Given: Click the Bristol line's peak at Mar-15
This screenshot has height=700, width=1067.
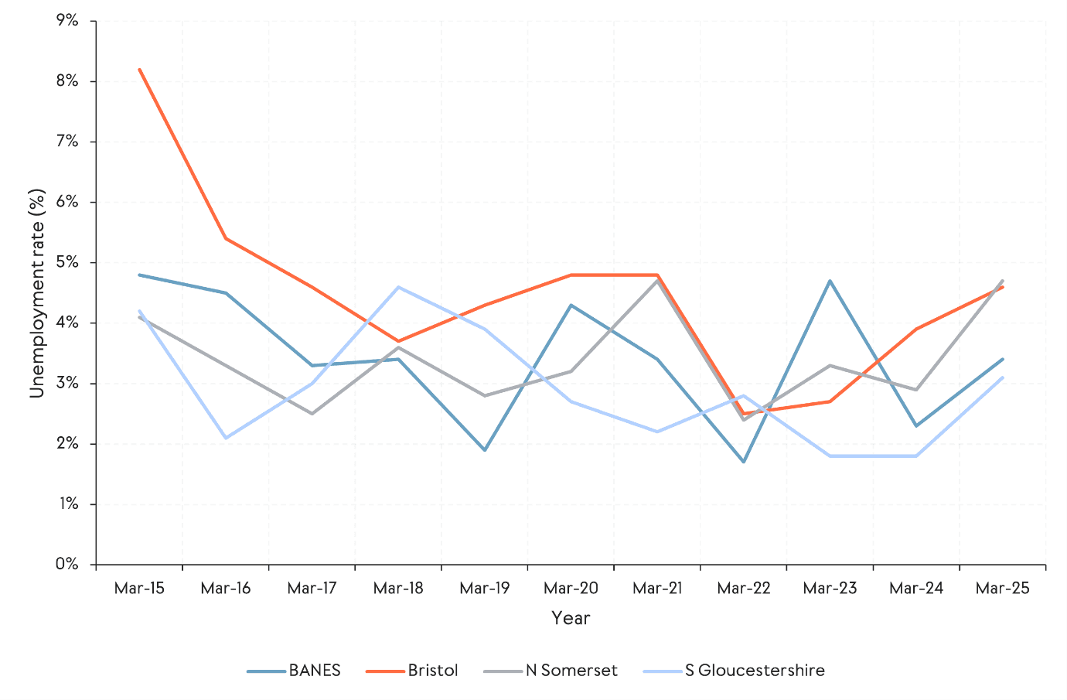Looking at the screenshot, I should click(x=140, y=70).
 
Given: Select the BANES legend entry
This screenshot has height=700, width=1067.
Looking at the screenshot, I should click(x=295, y=671).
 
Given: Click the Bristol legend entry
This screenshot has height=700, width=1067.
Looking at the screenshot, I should click(x=412, y=671).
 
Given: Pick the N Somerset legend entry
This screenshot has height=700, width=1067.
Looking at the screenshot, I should click(x=551, y=671).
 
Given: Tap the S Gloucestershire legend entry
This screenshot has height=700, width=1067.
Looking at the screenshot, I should click(x=735, y=671).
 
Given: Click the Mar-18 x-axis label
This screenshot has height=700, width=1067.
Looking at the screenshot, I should click(x=398, y=589).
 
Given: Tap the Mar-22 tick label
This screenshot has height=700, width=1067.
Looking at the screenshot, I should click(x=744, y=589).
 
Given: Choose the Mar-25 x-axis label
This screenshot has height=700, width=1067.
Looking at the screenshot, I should click(x=1003, y=589).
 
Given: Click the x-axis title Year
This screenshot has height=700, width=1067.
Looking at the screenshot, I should click(x=571, y=618).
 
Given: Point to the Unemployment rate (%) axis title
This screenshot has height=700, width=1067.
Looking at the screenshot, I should click(x=37, y=293).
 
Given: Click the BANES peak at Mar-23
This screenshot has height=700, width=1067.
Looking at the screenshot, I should click(x=830, y=281).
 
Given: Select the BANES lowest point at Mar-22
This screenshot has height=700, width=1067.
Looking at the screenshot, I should click(x=744, y=462).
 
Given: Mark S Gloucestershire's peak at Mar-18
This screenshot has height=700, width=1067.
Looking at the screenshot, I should click(x=398, y=287).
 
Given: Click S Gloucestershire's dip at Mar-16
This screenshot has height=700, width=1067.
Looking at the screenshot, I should click(x=226, y=438).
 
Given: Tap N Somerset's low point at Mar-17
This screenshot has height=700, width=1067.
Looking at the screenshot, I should click(x=312, y=414).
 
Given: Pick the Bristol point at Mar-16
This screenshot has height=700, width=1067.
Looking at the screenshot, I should click(x=226, y=238).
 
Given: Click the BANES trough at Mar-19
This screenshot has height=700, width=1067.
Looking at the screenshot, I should click(x=485, y=450).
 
